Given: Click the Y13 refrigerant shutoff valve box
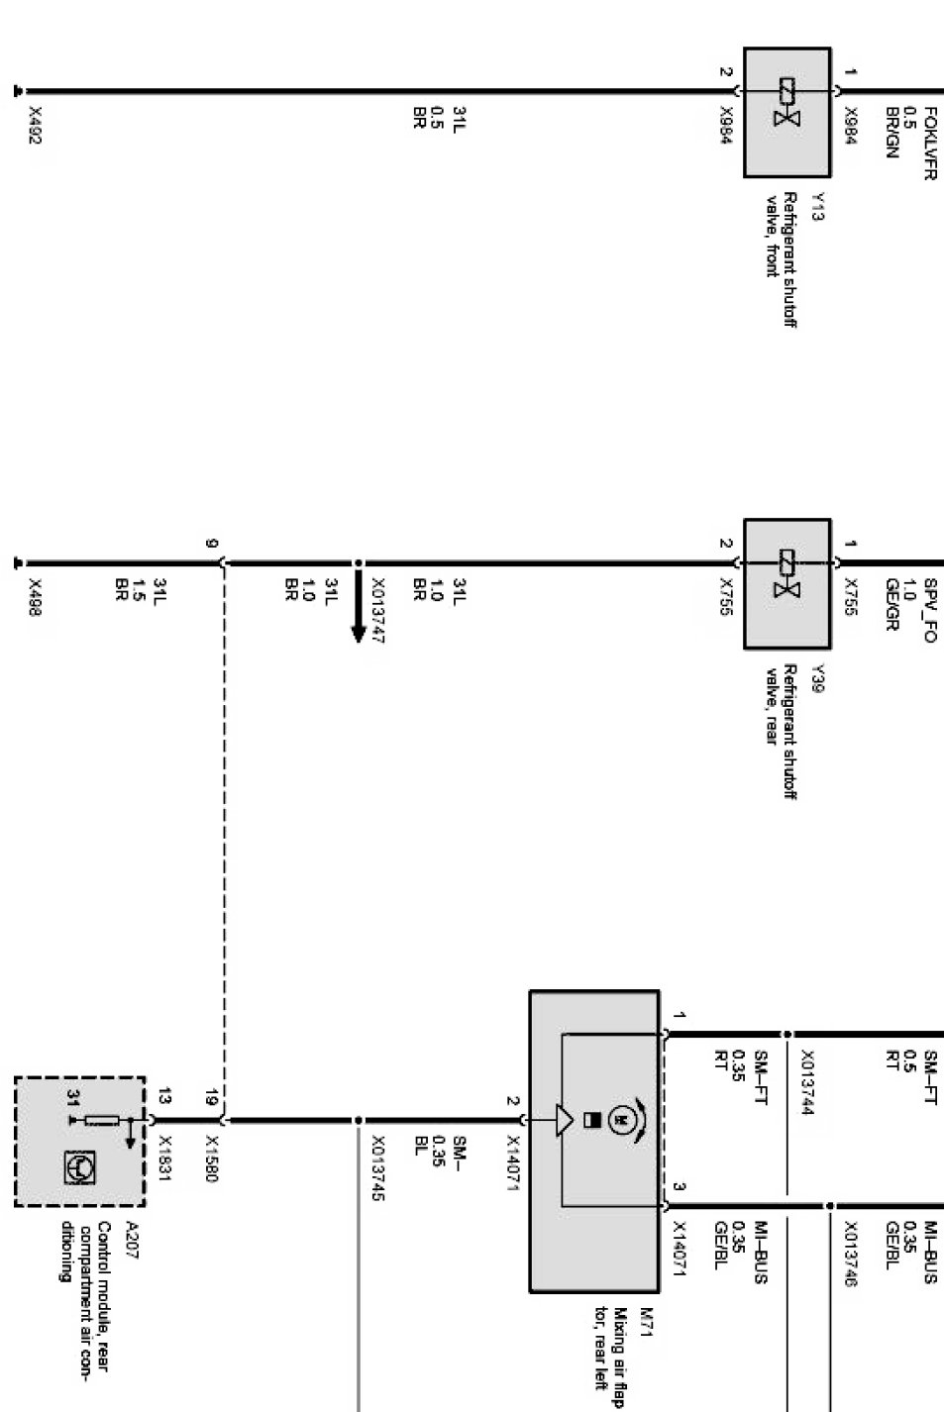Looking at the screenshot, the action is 787,112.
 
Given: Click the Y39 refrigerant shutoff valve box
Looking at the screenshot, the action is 787,583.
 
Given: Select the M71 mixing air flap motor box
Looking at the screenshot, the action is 593,1141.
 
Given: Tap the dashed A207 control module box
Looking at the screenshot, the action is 80,1142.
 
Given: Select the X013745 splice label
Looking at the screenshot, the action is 377,1167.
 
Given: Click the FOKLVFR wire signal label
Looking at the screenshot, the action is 929,144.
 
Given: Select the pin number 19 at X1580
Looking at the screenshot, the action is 211,1096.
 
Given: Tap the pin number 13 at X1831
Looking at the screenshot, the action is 164,1096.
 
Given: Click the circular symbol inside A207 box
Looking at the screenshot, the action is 79,1168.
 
